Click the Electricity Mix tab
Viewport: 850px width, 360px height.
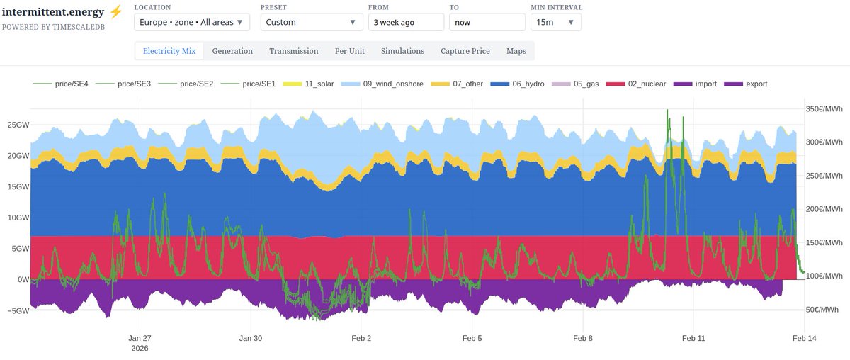pyautogui.click(x=169, y=51)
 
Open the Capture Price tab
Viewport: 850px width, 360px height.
pyautogui.click(x=465, y=51)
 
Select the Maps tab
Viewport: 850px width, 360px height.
pyautogui.click(x=516, y=51)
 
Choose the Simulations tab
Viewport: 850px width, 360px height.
pyautogui.click(x=402, y=51)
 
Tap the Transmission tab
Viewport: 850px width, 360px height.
pyautogui.click(x=293, y=51)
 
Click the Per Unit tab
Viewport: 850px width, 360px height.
pyautogui.click(x=349, y=51)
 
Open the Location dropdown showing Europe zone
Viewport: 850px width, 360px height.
pyautogui.click(x=191, y=22)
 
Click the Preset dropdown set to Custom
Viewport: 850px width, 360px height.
pyautogui.click(x=310, y=22)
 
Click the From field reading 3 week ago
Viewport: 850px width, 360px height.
pyautogui.click(x=406, y=22)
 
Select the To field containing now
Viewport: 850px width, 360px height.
pyautogui.click(x=487, y=22)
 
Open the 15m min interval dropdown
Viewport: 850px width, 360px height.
pyautogui.click(x=555, y=22)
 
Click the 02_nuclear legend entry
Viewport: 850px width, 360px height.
pyautogui.click(x=641, y=84)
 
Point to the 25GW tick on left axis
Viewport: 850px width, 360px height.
pyautogui.click(x=18, y=125)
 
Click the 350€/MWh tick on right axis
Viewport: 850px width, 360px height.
pyautogui.click(x=824, y=109)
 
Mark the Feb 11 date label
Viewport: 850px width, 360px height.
pyautogui.click(x=693, y=339)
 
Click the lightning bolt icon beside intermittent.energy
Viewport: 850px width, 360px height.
pyautogui.click(x=116, y=12)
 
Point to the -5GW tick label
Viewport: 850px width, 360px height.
pyautogui.click(x=18, y=310)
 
